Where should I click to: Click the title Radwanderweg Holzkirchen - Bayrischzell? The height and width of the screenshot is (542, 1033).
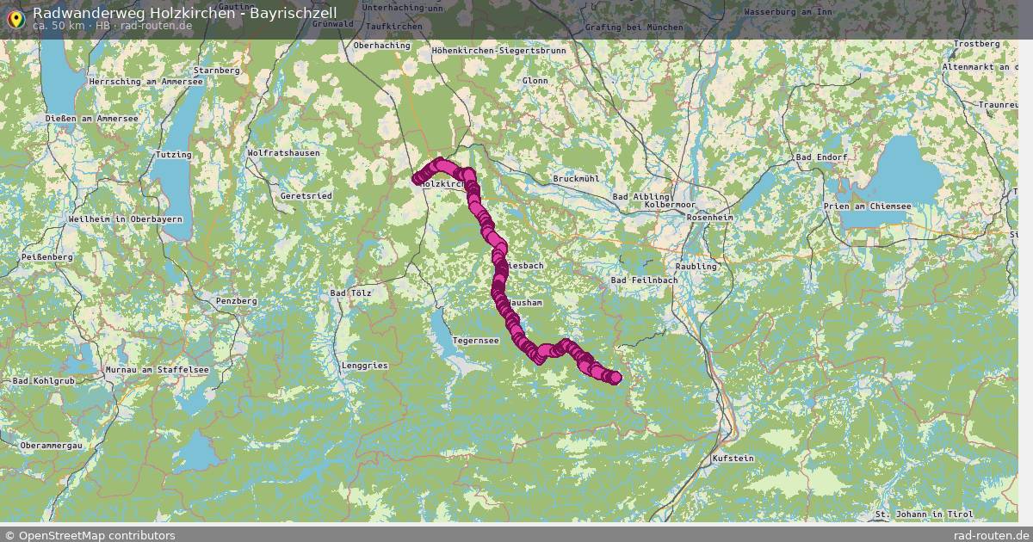[x=184, y=13]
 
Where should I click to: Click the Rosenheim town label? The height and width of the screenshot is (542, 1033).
[x=711, y=218]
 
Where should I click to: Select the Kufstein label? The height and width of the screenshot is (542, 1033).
[x=733, y=459]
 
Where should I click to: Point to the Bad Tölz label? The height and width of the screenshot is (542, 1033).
[x=350, y=293]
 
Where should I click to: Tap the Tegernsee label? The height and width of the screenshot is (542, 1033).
[x=475, y=341]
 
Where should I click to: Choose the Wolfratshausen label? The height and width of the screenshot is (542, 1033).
[x=283, y=153]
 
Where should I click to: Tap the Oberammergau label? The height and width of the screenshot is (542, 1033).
[x=51, y=446]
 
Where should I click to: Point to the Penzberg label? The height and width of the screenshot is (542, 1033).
[x=236, y=301]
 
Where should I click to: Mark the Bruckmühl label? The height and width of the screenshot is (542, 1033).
[x=576, y=179]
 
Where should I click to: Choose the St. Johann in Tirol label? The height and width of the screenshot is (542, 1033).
[x=923, y=514]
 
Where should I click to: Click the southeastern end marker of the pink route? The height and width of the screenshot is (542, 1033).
[x=615, y=377]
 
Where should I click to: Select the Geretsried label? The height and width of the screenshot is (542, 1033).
[x=306, y=196]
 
